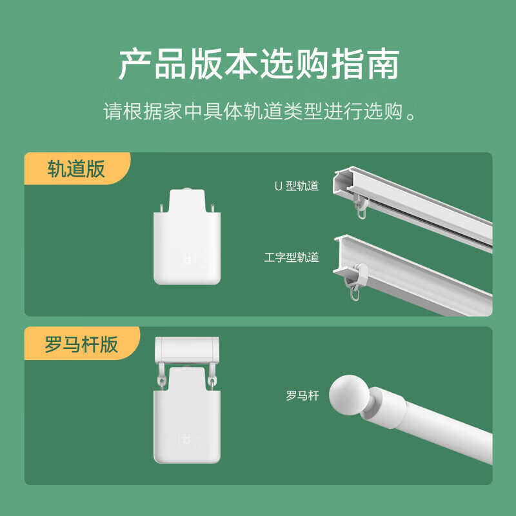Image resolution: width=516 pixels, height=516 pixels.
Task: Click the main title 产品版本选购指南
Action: pyautogui.click(x=258, y=64)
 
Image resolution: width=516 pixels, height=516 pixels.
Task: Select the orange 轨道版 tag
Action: pyautogui.click(x=76, y=168)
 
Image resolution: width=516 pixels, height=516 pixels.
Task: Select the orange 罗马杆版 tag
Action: pyautogui.click(x=81, y=343)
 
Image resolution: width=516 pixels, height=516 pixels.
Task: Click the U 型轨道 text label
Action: pyautogui.click(x=297, y=186)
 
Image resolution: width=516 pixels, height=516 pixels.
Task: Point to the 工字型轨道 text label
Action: pyautogui.click(x=292, y=257)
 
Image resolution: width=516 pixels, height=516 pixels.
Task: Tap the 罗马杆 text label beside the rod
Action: pyautogui.click(x=303, y=395)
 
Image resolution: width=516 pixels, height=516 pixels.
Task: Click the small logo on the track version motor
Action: pyautogui.click(x=188, y=259)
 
